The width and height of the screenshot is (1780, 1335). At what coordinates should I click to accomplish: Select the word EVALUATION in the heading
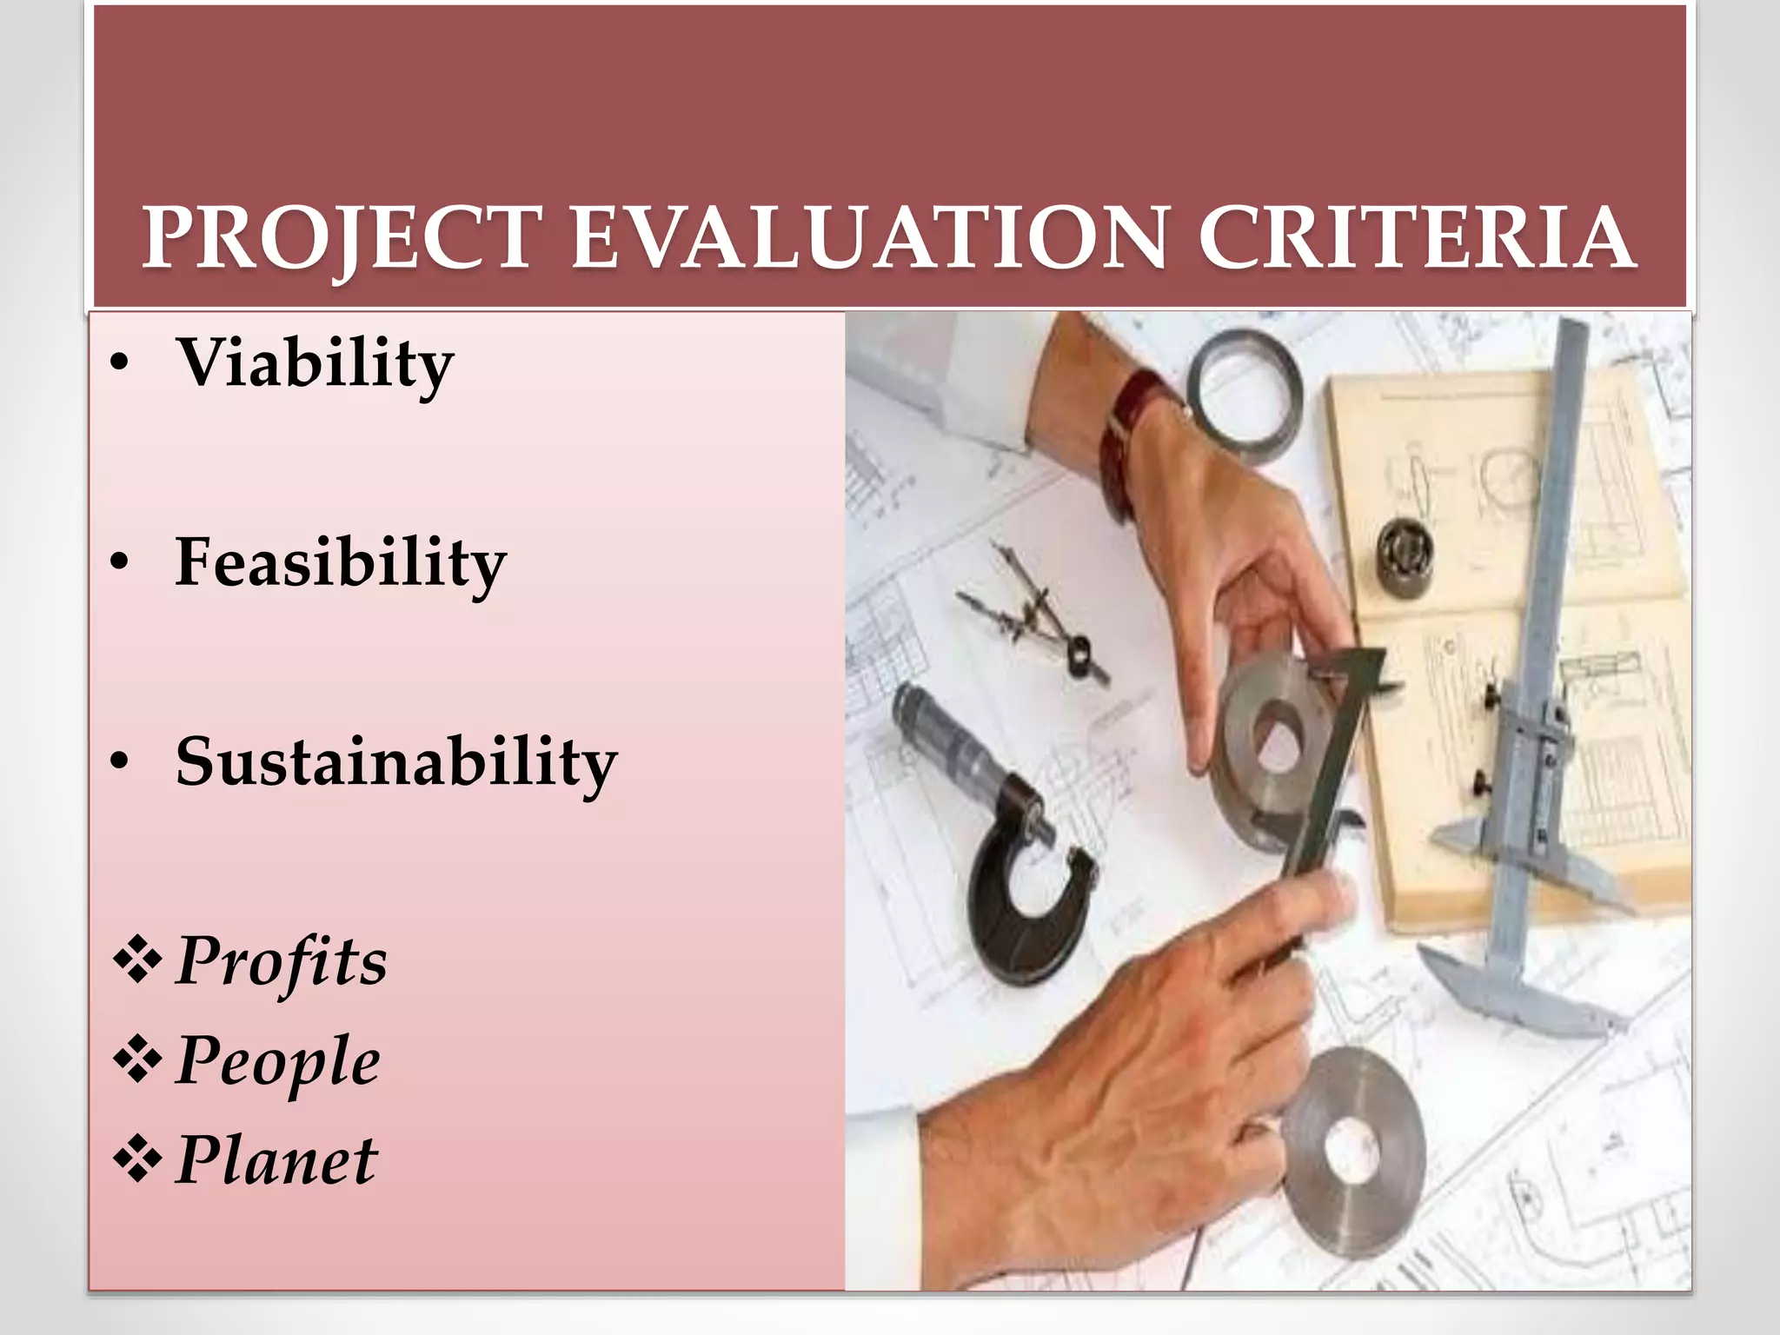pos(868,238)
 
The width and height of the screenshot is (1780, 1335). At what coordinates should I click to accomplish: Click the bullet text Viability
pos(315,363)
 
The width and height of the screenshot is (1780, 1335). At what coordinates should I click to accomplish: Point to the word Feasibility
pos(341,562)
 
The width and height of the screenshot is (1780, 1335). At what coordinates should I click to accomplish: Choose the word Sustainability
pos(396,761)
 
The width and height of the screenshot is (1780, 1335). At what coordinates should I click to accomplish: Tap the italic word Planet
pos(276,1161)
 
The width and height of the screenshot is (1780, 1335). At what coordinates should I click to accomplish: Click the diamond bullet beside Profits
pos(137,961)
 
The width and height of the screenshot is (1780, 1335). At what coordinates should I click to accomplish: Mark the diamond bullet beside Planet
pos(137,1160)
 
